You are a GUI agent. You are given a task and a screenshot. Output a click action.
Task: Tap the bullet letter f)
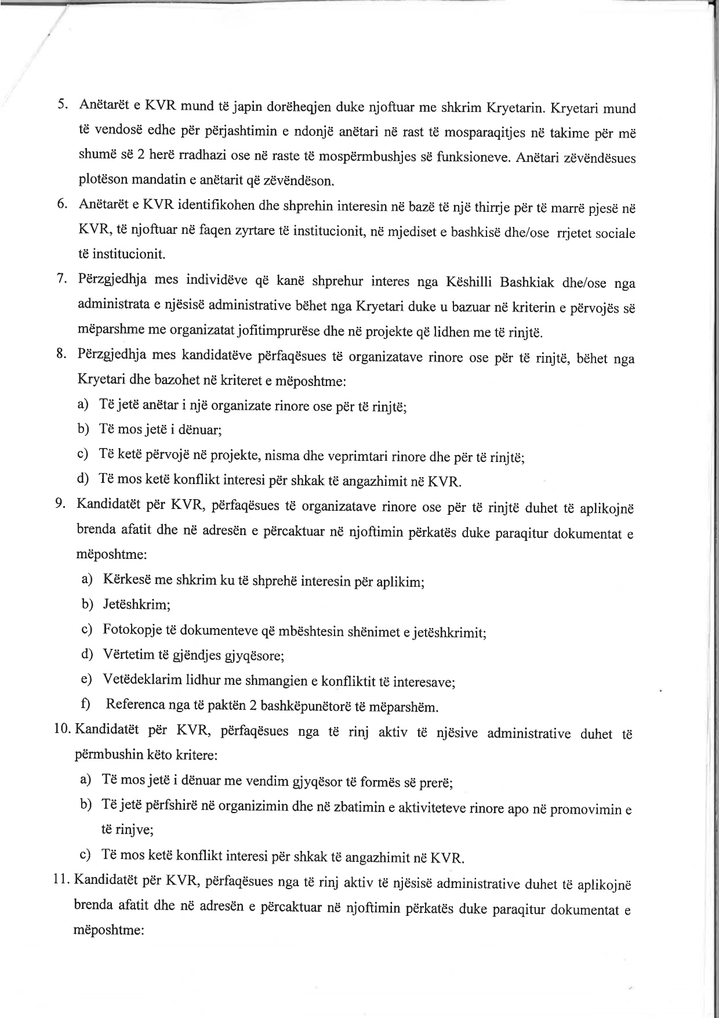coord(86,705)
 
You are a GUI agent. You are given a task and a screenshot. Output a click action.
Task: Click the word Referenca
coord(136,705)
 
